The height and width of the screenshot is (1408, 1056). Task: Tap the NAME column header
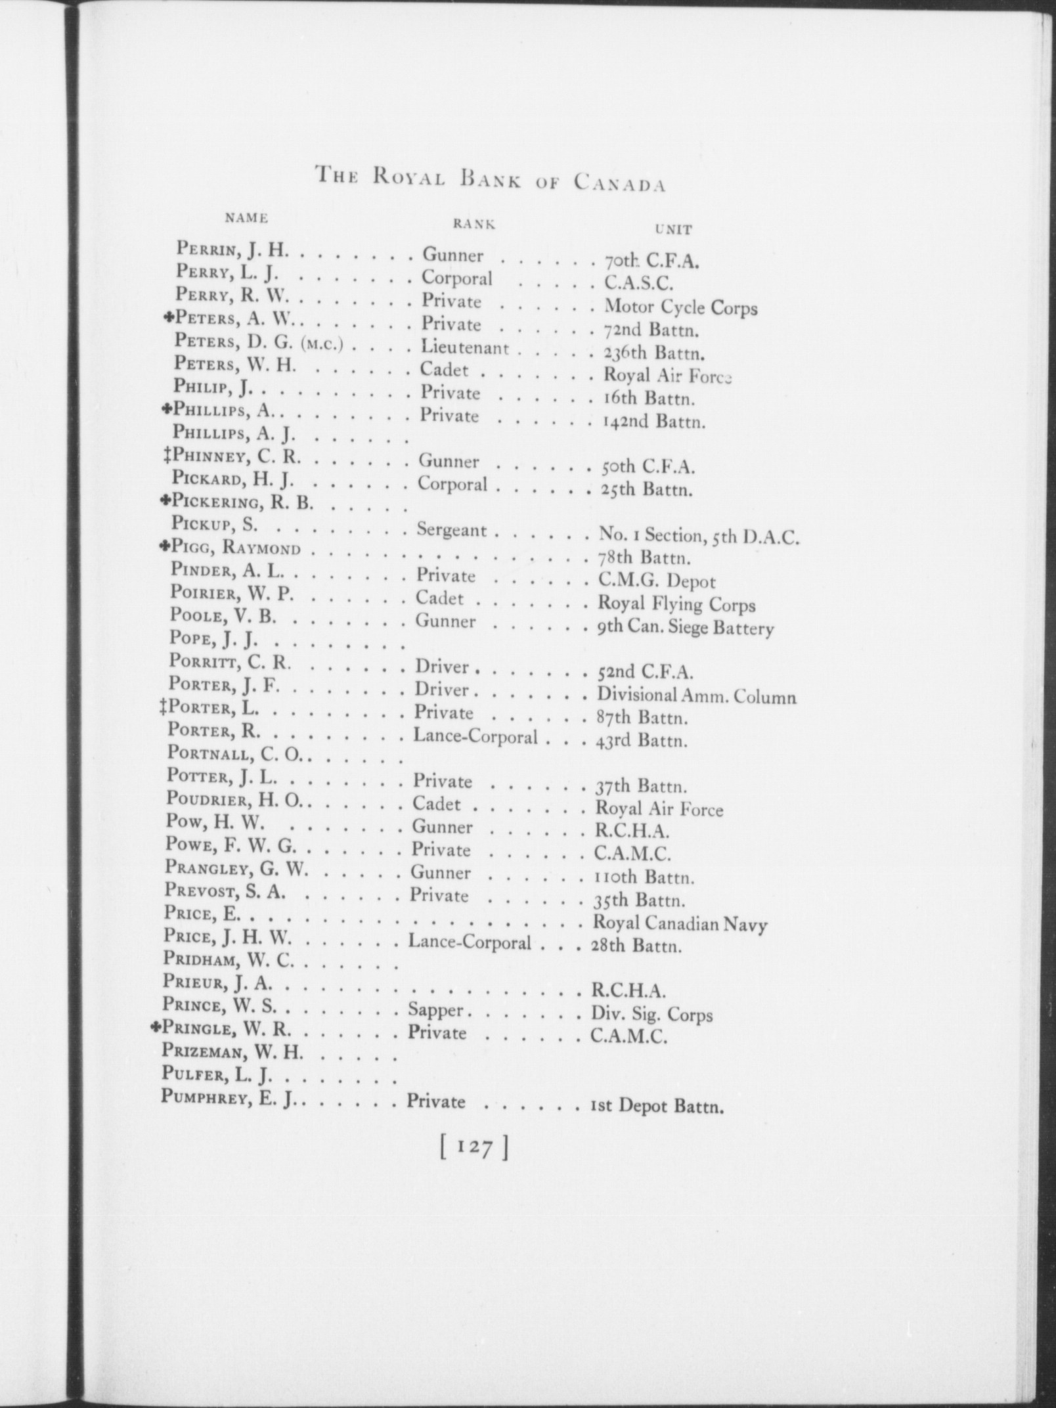246,217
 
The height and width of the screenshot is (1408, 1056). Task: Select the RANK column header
473,224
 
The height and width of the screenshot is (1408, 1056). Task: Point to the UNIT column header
673,230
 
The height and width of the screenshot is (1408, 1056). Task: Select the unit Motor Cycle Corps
681,307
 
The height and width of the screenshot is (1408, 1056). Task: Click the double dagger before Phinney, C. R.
168,456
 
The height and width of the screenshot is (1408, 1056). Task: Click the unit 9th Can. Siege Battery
685,627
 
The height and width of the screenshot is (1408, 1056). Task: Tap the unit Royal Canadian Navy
680,924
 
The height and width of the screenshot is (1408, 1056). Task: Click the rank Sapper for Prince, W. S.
435,1009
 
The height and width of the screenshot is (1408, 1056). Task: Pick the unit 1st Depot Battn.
657,1107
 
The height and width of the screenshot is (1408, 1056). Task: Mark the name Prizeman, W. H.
232,1053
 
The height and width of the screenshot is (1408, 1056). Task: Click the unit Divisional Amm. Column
696,695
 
